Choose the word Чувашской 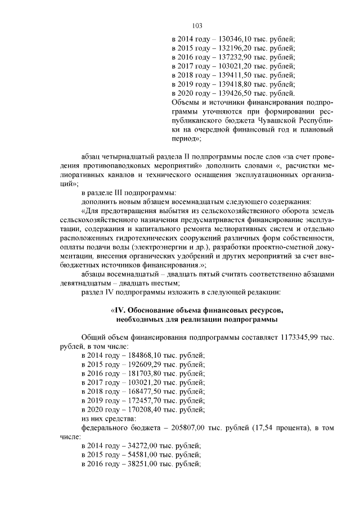[274, 120]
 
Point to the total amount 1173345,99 [300, 337]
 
